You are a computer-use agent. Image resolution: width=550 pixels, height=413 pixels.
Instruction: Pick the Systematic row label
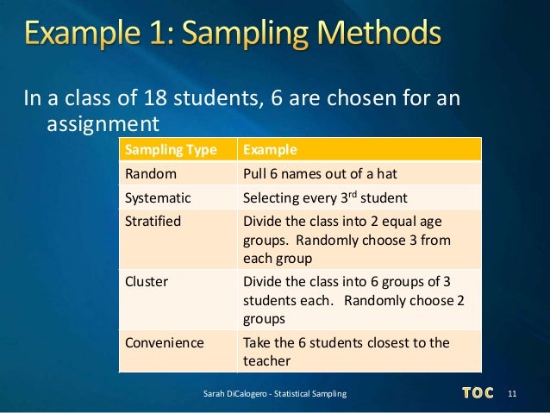click(x=158, y=197)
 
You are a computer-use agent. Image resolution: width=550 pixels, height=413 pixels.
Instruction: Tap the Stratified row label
click(x=153, y=221)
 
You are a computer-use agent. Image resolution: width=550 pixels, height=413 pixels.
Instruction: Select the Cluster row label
click(x=147, y=281)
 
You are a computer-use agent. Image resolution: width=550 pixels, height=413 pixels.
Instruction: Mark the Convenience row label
click(x=165, y=342)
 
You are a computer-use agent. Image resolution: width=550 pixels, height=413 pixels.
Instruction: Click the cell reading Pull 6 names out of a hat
click(x=321, y=173)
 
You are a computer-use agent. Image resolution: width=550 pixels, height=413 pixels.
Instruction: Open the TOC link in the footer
click(x=477, y=393)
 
